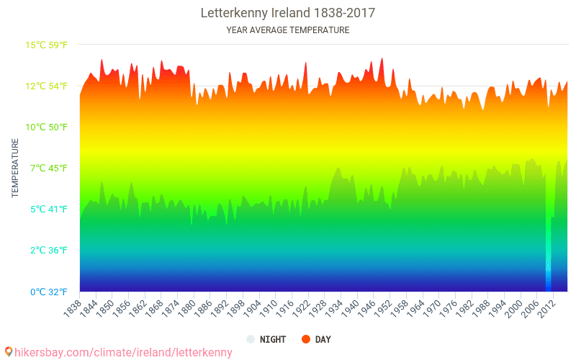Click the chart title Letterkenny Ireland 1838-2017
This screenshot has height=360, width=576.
288,13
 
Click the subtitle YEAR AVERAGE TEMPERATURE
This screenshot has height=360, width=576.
288,30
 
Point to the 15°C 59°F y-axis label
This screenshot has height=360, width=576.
47,45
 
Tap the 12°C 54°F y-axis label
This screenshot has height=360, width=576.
47,86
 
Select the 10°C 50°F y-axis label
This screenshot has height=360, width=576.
47,127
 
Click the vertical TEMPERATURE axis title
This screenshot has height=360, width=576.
15,168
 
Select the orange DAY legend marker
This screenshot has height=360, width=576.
305,339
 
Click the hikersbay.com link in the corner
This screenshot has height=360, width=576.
119,352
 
